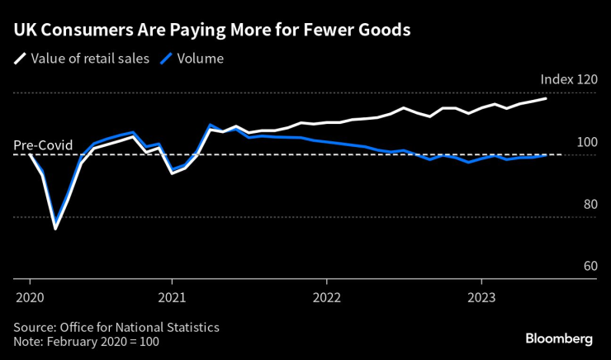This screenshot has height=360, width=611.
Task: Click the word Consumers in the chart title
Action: tap(86, 31)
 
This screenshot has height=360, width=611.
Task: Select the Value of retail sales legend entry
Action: tap(89, 59)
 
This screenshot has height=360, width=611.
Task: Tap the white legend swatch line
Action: tap(18, 59)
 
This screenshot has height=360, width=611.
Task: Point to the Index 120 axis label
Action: tap(568, 80)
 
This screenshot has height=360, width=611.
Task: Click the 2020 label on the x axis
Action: tap(29, 296)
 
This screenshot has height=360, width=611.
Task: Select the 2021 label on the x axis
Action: tap(172, 296)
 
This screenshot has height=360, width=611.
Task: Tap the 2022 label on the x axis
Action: tap(327, 296)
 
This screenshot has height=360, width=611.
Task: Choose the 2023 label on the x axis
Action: tap(482, 296)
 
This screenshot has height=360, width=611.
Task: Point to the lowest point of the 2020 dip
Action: tap(55, 228)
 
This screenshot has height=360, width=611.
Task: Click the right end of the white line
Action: tap(546, 99)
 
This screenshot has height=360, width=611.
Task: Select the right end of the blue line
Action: tap(546, 155)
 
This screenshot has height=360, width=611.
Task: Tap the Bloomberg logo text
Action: tap(559, 339)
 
